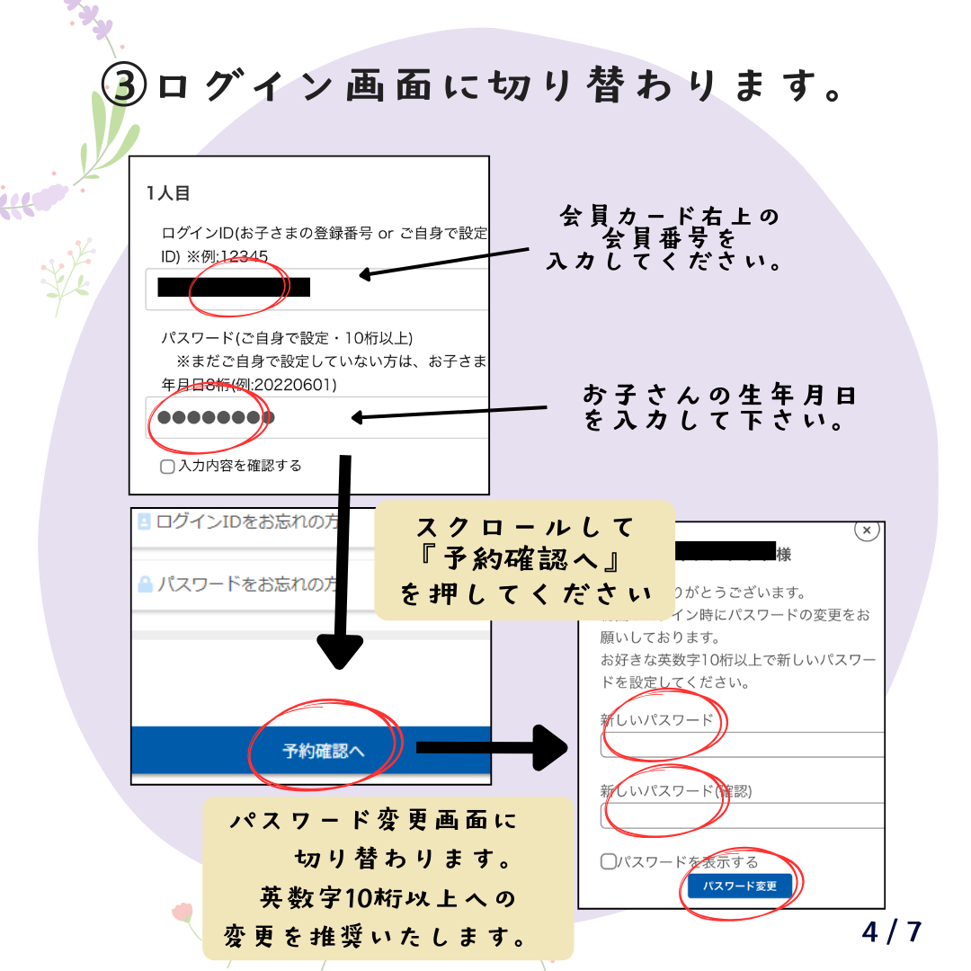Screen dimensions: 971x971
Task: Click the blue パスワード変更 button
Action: [x=740, y=886]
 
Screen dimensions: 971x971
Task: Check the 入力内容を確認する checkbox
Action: [x=167, y=467]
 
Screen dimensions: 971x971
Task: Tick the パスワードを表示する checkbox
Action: [x=609, y=861]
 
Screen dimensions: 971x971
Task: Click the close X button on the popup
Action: [x=866, y=530]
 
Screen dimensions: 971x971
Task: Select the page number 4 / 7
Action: [x=891, y=931]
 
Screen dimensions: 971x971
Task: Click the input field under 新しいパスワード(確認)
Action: [x=742, y=815]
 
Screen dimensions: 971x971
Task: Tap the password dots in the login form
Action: [x=215, y=418]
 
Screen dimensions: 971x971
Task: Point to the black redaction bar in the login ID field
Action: [x=234, y=288]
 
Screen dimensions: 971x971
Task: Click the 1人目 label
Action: [x=168, y=192]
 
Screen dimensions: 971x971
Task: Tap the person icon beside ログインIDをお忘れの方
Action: [x=144, y=521]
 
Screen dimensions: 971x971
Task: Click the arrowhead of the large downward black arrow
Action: [x=341, y=651]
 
